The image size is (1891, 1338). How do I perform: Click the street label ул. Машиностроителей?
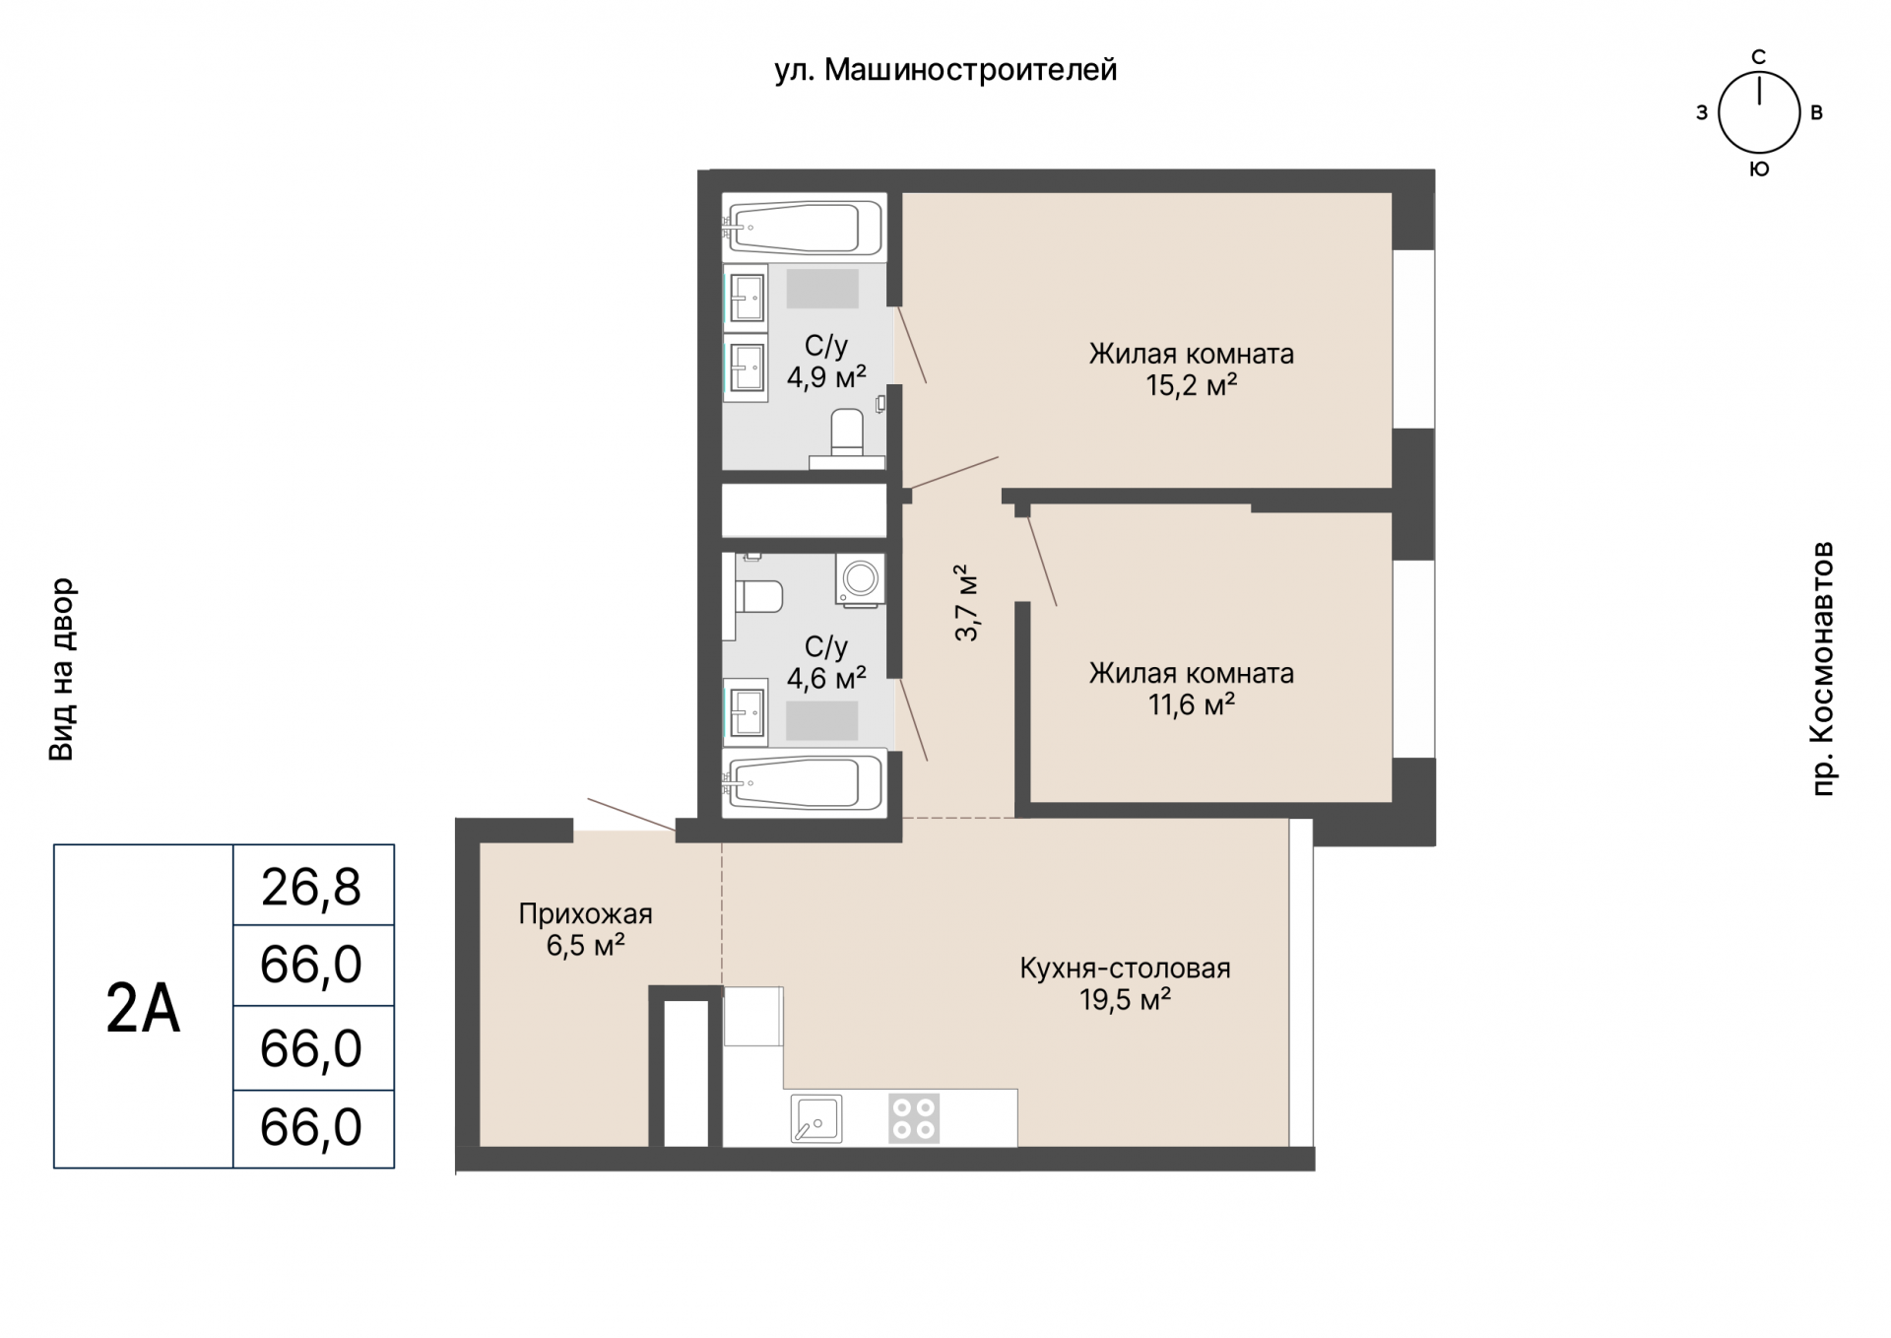click(945, 71)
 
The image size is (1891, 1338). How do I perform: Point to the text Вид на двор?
click(61, 669)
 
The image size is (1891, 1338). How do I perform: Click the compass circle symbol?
click(1758, 113)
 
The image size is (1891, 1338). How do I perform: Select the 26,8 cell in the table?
click(312, 887)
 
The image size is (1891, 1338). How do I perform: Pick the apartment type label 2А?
click(144, 1008)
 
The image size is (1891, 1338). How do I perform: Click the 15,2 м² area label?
click(1192, 385)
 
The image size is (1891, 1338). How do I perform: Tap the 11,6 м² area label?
click(1192, 704)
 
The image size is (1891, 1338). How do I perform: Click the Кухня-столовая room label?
click(1125, 969)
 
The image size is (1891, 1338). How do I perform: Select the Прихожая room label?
click(586, 914)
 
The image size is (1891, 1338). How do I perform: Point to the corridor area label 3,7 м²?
click(967, 603)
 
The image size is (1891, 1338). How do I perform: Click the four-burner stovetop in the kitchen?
click(914, 1118)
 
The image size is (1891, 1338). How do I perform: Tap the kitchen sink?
click(816, 1118)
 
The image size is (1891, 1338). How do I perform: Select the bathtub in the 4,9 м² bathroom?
click(805, 228)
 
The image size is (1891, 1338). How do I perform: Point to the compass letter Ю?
click(1759, 169)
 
